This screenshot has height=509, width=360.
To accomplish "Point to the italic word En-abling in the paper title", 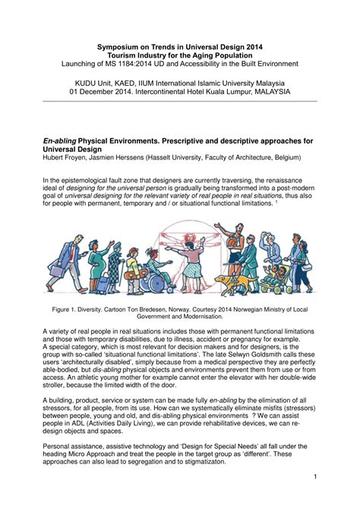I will tap(64, 141).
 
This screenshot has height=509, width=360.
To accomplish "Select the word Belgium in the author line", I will tap(278, 159).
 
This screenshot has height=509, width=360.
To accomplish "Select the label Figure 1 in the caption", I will tap(71, 308).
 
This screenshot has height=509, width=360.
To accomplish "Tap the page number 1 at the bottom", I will tap(314, 476).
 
